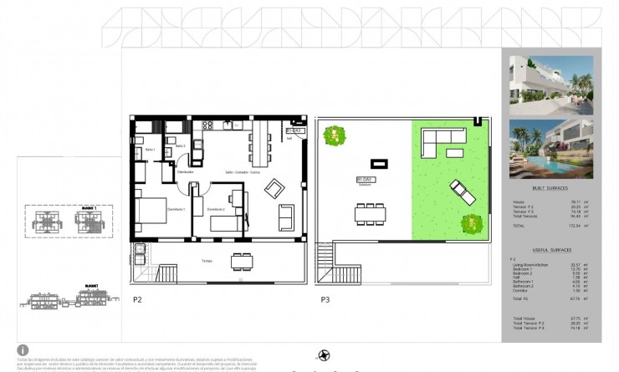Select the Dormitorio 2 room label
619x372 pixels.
click(x=217, y=209)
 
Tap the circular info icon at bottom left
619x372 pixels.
click(x=23, y=349)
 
